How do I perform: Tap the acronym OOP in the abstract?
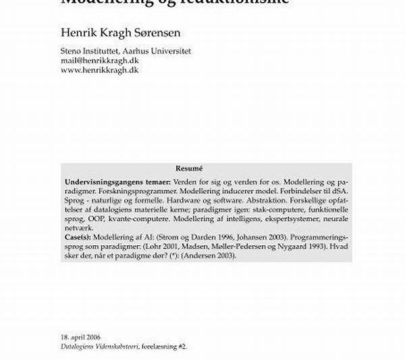[94, 220]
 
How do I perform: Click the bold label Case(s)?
[80, 238]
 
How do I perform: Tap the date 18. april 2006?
[81, 336]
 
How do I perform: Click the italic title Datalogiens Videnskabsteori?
[100, 345]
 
